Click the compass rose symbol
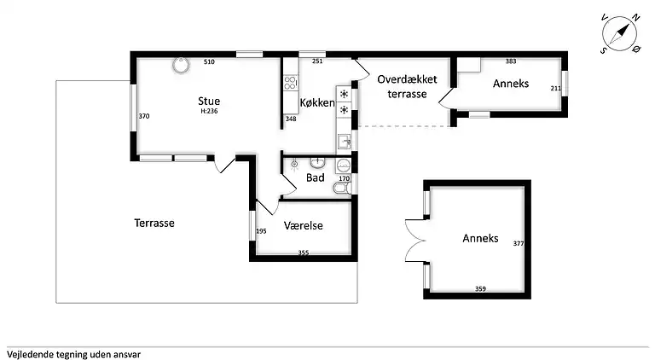tap(620, 35)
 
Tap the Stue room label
tap(209, 101)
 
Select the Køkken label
tap(317, 102)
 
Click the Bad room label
tap(316, 177)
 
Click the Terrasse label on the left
tap(154, 223)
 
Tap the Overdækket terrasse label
tap(407, 86)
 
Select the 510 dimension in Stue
tap(209, 62)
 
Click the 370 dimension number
tap(144, 117)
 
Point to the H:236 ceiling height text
tap(210, 112)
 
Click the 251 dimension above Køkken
tap(317, 61)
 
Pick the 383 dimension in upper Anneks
tap(511, 61)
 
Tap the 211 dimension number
tap(555, 89)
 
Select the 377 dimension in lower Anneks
tap(518, 244)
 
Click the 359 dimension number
tap(480, 289)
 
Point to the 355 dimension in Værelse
tap(303, 253)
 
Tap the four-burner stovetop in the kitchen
tap(290, 84)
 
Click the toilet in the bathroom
tap(339, 189)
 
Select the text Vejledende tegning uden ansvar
tap(73, 353)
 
